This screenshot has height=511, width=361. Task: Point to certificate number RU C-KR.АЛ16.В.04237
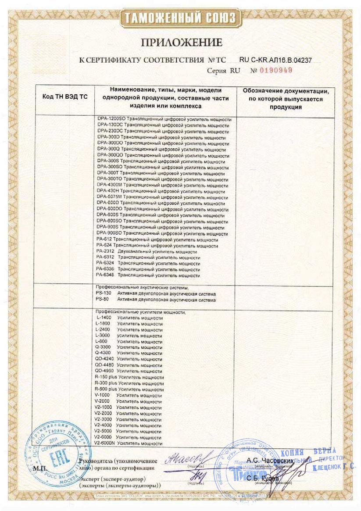pyautogui.click(x=275, y=60)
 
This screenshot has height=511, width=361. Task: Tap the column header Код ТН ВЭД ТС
pyautogui.click(x=64, y=97)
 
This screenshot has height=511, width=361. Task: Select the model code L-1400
pyautogui.click(x=104, y=318)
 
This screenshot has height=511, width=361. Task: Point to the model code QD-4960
pyautogui.click(x=104, y=371)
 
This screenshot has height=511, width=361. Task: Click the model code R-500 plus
pyautogui.click(x=106, y=389)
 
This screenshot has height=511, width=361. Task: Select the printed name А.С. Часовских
pyautogui.click(x=269, y=460)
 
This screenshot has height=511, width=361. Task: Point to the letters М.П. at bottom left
pyautogui.click(x=40, y=468)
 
